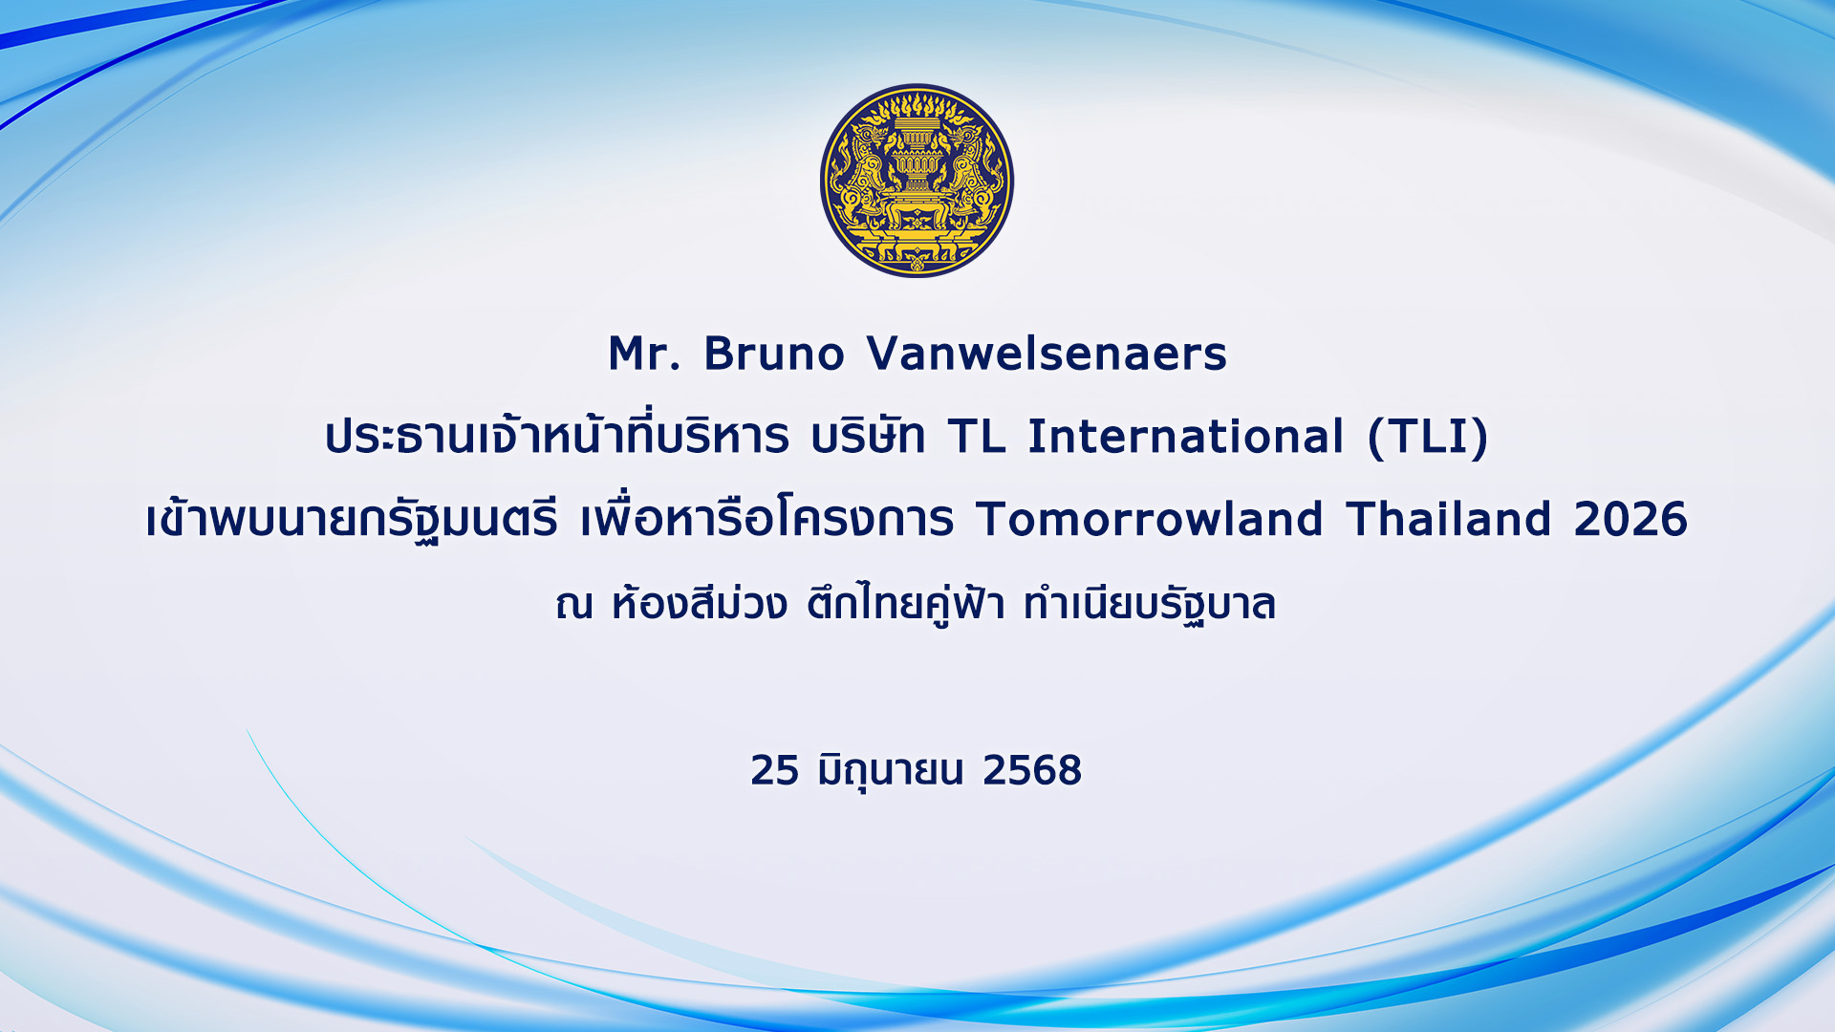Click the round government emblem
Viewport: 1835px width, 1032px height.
[917, 181]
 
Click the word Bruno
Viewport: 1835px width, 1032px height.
[774, 354]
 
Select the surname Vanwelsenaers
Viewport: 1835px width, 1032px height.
[1047, 354]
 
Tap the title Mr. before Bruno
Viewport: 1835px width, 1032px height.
[645, 354]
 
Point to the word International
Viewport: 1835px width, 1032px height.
[1186, 437]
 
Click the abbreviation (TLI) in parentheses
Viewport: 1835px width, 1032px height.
[1428, 438]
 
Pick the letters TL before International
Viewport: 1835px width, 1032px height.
[977, 437]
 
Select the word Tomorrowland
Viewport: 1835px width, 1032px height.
[1150, 519]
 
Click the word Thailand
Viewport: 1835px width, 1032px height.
[1449, 519]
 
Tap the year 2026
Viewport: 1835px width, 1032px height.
[1630, 519]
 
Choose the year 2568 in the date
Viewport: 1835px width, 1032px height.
[1032, 770]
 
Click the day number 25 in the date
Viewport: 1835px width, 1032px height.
[774, 770]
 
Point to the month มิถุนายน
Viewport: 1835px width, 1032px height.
[891, 772]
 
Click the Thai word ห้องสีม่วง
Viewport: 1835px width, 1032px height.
[700, 602]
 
